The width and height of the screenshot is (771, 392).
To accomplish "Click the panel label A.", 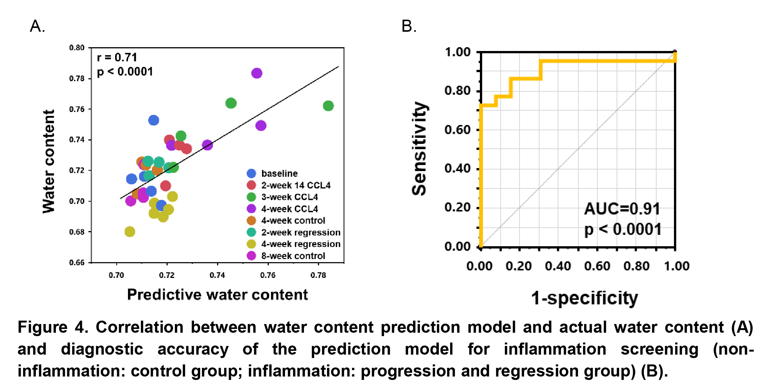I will point(37,26).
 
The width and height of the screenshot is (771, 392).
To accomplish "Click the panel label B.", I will point(409,26).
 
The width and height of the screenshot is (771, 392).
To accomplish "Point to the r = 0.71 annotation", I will point(117,57).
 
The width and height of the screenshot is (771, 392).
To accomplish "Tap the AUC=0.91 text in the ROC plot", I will point(622,209).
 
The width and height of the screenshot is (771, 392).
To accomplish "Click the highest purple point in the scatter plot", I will point(257,73).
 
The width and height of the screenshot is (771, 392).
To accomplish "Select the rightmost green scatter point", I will point(328,106).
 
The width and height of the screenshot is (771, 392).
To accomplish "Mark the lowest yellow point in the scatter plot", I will point(130,231).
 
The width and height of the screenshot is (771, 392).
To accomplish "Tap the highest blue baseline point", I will point(154,120).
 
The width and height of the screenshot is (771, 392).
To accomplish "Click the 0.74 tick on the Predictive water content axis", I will point(217,275).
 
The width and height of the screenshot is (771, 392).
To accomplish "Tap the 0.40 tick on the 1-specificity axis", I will point(558,266).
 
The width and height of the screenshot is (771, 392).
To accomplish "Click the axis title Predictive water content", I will point(217,295).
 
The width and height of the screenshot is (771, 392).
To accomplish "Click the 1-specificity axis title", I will point(584,298).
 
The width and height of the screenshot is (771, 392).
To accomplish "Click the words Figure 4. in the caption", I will point(53,327).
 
